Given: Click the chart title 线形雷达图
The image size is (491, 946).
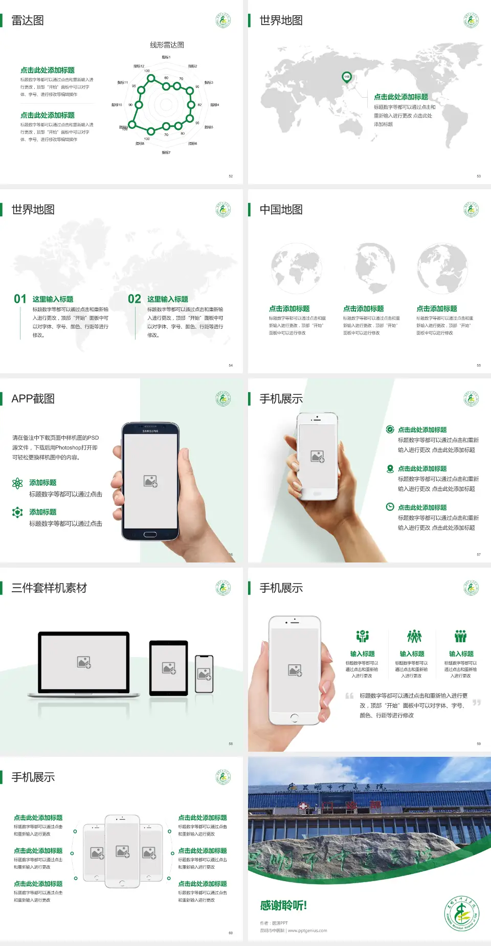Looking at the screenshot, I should click(x=167, y=45).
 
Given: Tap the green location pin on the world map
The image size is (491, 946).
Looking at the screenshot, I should click(x=346, y=77).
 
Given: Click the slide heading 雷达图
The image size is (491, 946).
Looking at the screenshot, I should click(x=28, y=20).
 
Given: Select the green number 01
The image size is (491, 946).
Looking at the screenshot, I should click(x=20, y=299).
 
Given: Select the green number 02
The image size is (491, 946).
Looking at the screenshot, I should click(x=135, y=299).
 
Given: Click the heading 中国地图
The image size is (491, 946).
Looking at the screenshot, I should click(x=281, y=210).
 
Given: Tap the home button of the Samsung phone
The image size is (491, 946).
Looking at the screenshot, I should click(x=150, y=534).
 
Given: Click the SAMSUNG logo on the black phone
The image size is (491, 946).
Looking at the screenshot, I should click(x=150, y=431).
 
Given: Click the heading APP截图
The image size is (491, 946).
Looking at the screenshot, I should click(x=33, y=399).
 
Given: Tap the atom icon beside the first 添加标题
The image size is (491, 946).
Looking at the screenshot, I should click(x=17, y=483).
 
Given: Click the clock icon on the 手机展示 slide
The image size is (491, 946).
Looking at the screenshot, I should click(x=390, y=507).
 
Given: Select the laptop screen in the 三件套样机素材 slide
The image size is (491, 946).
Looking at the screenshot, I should click(x=84, y=662).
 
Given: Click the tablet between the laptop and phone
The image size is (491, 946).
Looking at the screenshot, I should click(x=168, y=667).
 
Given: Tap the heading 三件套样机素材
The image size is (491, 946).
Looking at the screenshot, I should click(x=49, y=588).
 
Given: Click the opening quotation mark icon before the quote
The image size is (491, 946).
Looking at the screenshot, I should click(x=349, y=696).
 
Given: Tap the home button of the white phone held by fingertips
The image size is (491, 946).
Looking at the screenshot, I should click(x=294, y=717).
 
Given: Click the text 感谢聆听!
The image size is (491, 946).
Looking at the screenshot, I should click(x=283, y=906).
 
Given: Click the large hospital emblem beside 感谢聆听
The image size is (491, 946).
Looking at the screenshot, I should click(x=461, y=914).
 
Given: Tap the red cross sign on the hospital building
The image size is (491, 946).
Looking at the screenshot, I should click(x=304, y=806).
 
